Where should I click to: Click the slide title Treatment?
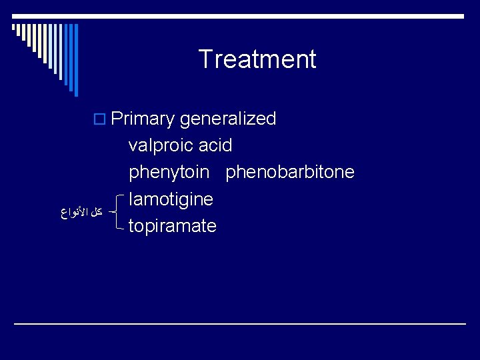click(x=257, y=59)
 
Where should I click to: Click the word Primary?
click(x=143, y=119)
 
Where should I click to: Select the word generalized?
click(x=228, y=119)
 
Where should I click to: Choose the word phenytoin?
click(x=169, y=172)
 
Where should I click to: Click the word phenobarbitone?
click(x=290, y=172)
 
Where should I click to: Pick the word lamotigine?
click(x=171, y=199)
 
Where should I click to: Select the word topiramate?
click(x=172, y=226)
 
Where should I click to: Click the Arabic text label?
click(x=81, y=213)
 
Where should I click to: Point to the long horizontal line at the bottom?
click(x=240, y=323)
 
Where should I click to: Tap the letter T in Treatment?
click(x=205, y=59)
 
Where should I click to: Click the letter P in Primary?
click(x=117, y=119)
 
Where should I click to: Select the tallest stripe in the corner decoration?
click(x=76, y=50)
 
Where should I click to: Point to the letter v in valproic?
click(x=133, y=146)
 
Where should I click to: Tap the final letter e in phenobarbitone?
click(x=349, y=173)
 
